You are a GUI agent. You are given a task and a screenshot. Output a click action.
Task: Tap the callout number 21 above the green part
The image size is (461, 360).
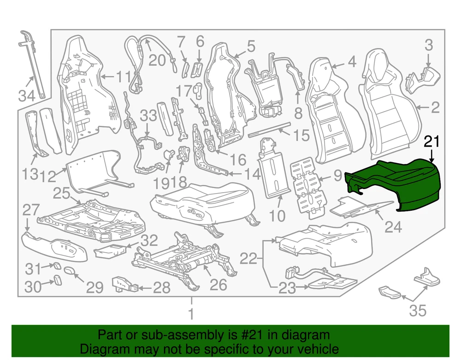click(x=431, y=142)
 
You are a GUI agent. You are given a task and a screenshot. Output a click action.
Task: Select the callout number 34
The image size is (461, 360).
click(x=27, y=95)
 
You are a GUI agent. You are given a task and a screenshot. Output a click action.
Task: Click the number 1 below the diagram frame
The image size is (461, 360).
click(x=191, y=313)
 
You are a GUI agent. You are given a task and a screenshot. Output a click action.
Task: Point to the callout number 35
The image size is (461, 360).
click(x=418, y=311)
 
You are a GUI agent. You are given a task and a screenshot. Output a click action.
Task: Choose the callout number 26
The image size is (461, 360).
click(x=219, y=284)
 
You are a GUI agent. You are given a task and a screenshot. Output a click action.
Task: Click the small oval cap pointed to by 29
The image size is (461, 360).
click(x=70, y=270)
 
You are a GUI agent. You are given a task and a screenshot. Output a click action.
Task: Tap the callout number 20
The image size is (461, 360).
click(x=157, y=60)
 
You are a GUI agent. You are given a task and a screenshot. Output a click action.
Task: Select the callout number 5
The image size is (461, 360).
click(x=251, y=47)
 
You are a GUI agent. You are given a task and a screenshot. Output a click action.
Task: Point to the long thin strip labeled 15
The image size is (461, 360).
click(x=270, y=130)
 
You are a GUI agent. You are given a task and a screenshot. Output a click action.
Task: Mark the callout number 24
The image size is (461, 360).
click(x=393, y=227)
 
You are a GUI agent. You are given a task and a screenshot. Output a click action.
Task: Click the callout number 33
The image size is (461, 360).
click(x=148, y=115)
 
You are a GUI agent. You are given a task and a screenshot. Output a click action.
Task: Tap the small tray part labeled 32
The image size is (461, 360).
click(x=110, y=251)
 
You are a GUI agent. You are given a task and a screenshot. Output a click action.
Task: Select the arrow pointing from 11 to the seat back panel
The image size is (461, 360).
click(x=108, y=77)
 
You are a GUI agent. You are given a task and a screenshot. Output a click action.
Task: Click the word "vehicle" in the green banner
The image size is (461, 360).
click(x=318, y=349)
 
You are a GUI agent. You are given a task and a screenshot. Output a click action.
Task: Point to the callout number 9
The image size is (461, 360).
click(x=338, y=176)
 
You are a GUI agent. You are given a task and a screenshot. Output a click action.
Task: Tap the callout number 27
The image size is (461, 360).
click(x=31, y=210)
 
